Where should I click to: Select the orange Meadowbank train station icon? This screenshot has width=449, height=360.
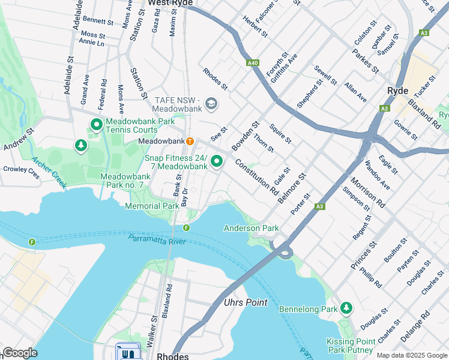tap(190, 141)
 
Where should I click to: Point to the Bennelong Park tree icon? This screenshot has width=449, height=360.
tap(346, 308)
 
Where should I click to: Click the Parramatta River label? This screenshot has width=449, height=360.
tap(157, 240)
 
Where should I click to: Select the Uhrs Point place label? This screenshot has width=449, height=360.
tap(246, 302)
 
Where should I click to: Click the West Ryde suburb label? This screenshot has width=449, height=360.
tap(170, 3)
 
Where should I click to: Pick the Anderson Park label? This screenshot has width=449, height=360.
tap(251, 228)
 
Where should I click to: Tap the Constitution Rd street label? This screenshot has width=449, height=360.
tap(257, 177)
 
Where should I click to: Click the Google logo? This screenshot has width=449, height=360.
tap(20, 353)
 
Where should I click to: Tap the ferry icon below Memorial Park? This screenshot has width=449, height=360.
tap(186, 227)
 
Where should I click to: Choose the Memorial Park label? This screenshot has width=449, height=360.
tap(152, 206)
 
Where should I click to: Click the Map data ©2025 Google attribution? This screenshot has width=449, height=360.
tap(411, 355)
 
